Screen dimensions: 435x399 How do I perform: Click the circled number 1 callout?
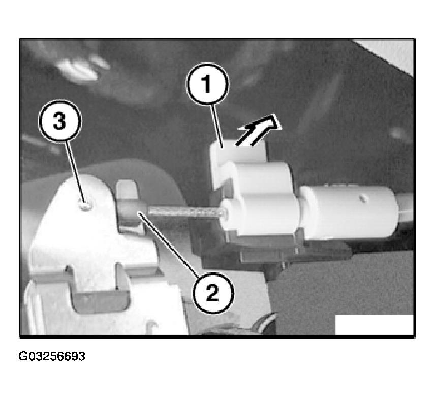207,84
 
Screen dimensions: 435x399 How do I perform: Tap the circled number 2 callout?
213,293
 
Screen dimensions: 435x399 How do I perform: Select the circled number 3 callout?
60,121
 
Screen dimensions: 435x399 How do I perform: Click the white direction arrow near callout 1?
259,130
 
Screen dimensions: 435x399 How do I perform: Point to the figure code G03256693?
52,356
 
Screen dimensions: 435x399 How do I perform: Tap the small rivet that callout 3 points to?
85,205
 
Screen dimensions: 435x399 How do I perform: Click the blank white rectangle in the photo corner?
375,325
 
